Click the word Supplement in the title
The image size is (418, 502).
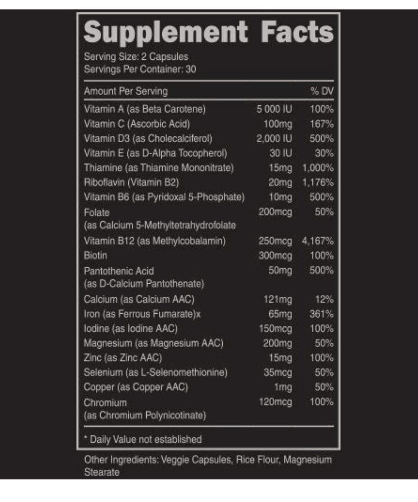coord(166,32)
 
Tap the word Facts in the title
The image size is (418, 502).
coord(297,32)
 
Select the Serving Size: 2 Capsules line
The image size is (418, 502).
coord(136,56)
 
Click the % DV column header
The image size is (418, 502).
coord(322,91)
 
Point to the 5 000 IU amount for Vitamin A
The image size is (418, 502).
coord(274,110)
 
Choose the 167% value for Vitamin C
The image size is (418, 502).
coord(322,124)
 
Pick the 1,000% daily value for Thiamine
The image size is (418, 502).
coord(318,168)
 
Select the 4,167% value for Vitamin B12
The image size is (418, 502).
coord(318,241)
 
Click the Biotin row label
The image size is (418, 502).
coord(95,256)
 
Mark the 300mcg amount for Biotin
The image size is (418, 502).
coord(275,256)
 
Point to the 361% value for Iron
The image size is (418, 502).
coord(322,314)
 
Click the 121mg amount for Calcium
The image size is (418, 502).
coord(278,300)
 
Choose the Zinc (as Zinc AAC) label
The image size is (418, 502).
coord(123,358)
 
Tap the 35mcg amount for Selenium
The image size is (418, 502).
coord(278,372)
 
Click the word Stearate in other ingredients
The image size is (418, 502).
coord(102,472)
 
